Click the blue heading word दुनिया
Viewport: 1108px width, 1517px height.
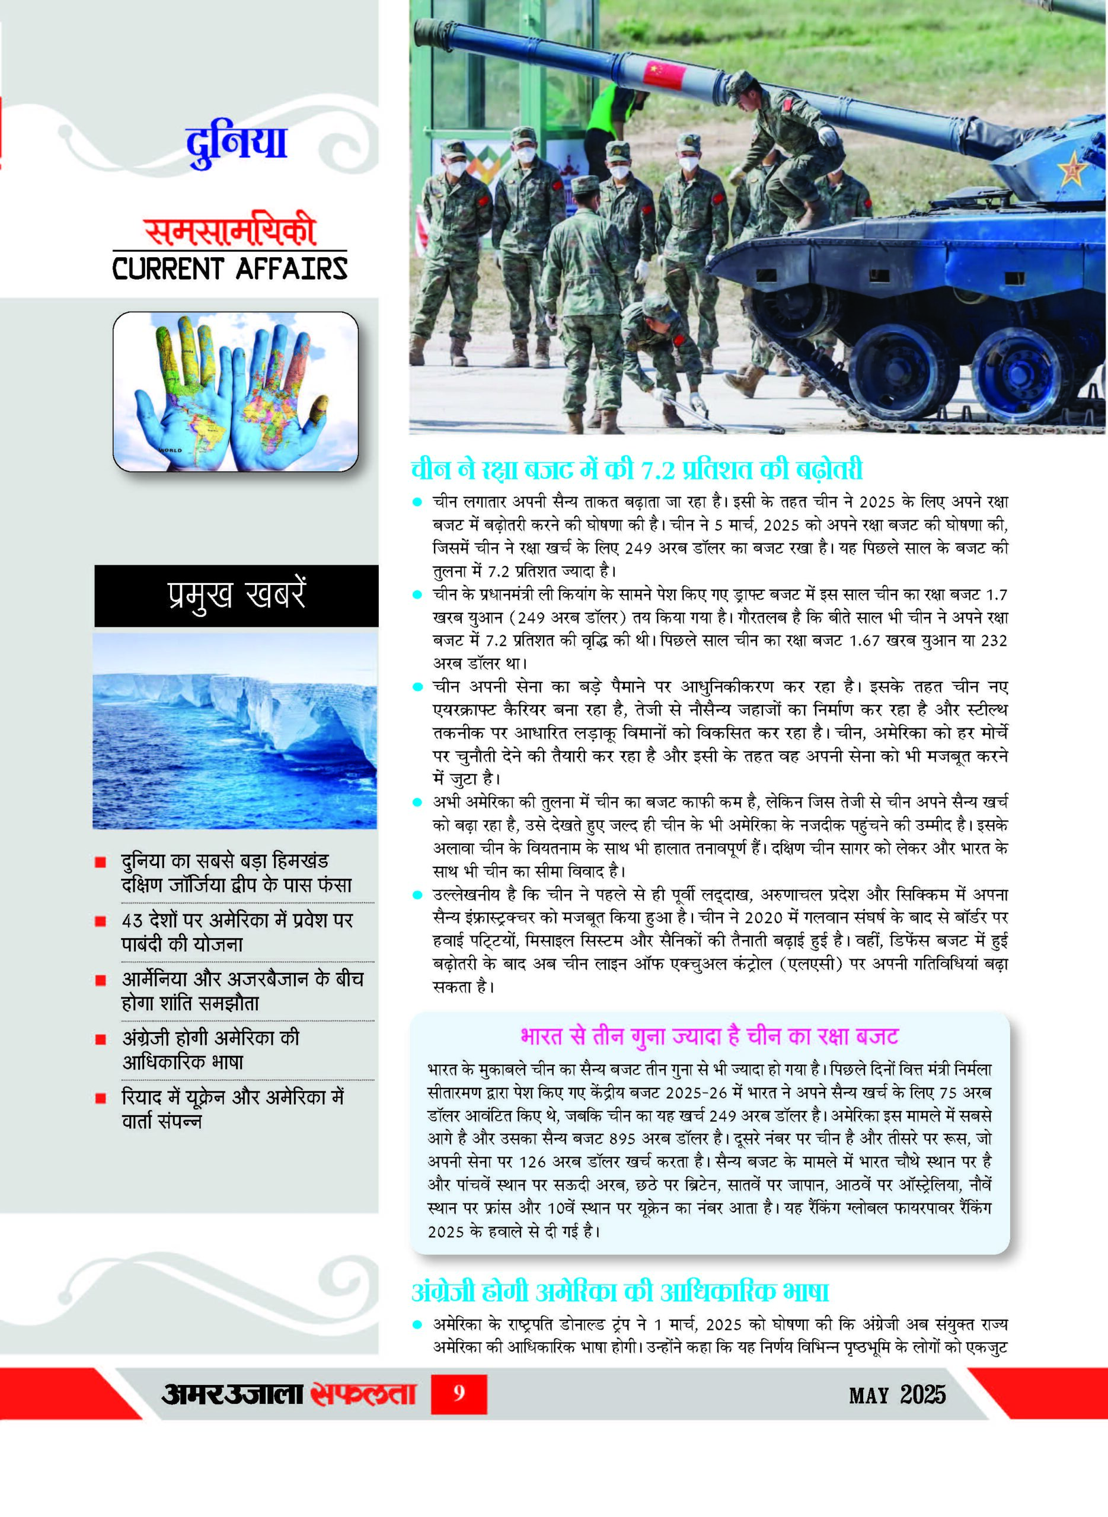coord(236,144)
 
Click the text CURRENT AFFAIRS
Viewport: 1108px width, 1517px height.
coord(230,269)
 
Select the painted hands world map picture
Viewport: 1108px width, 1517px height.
coord(235,392)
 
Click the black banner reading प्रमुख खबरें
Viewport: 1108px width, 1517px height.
coord(236,596)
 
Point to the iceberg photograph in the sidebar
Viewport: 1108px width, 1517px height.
coord(235,731)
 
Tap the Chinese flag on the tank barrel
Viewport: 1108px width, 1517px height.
coord(664,73)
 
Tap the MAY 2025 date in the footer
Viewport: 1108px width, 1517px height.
coord(897,1395)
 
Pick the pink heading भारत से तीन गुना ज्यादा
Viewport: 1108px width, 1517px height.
coord(709,1036)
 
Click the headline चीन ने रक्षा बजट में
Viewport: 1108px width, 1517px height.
coord(637,469)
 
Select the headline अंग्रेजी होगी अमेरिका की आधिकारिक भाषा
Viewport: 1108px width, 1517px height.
coord(621,1291)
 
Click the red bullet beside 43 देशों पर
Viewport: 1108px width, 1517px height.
coord(101,921)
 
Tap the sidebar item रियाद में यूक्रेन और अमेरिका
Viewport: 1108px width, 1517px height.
coord(232,1108)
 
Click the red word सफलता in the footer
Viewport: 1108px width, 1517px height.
coord(363,1394)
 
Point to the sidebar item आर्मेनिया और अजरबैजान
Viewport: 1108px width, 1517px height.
coord(241,990)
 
